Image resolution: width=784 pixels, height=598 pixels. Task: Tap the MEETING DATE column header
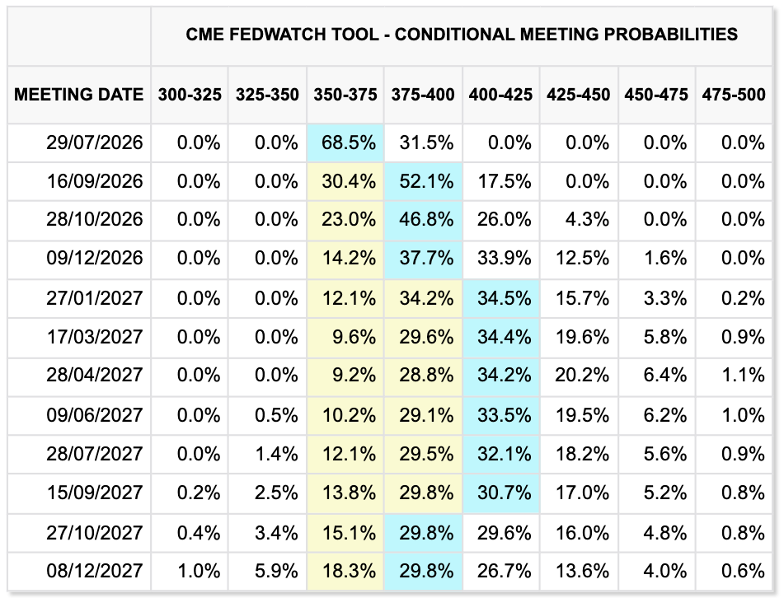[x=79, y=95]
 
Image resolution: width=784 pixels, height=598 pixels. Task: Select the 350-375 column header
[x=345, y=95]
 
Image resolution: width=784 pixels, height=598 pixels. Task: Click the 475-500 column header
[x=734, y=95]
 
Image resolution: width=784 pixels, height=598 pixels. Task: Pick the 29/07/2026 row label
[x=95, y=142]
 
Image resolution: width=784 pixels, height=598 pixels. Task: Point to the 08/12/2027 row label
[x=95, y=571]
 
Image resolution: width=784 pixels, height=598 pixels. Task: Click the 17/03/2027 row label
[x=95, y=337]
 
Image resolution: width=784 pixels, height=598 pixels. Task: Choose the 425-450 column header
[x=579, y=95]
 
